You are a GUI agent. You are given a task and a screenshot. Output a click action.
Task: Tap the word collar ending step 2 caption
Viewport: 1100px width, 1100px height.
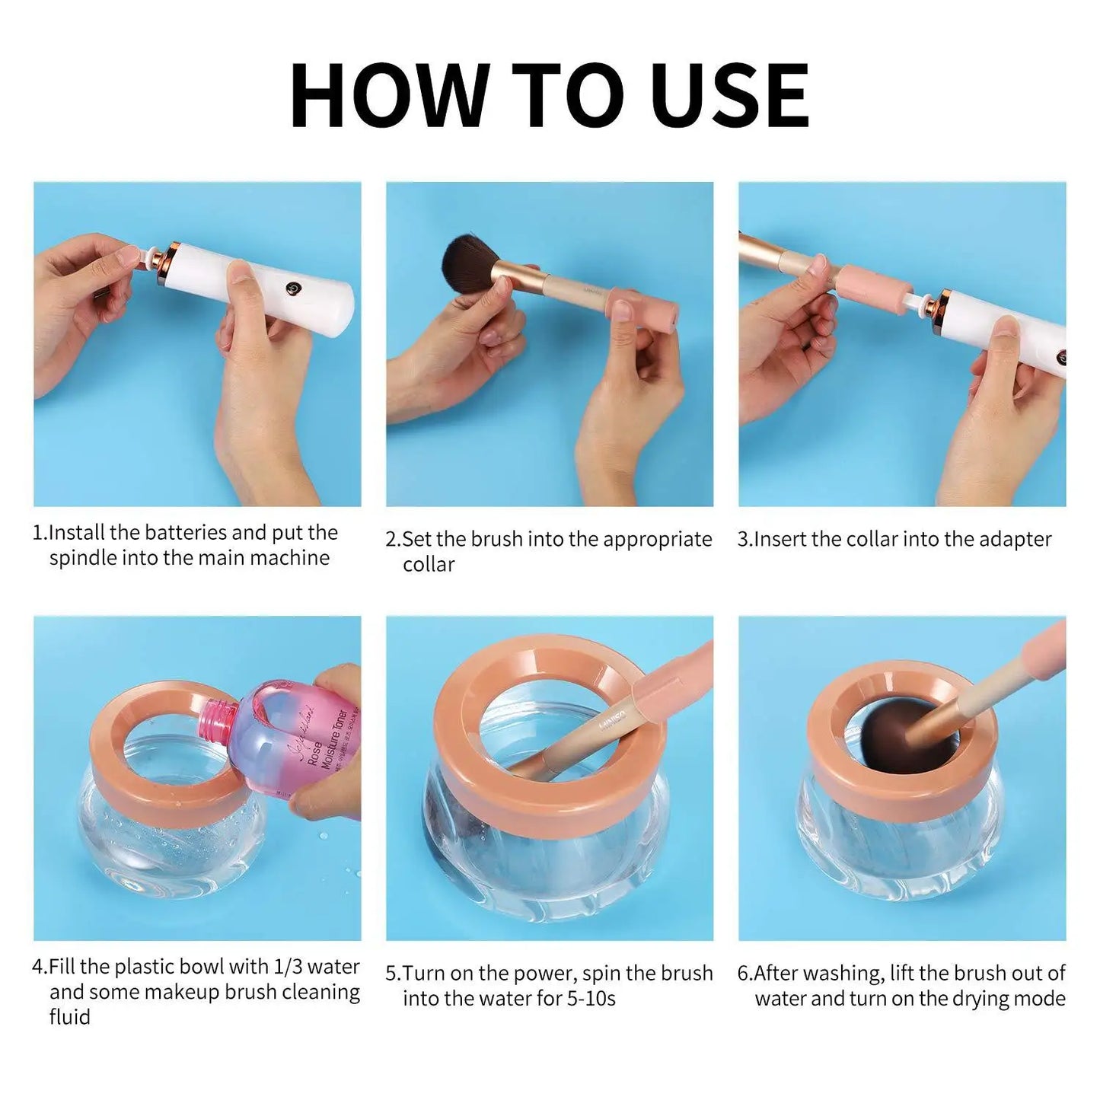pyautogui.click(x=428, y=565)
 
